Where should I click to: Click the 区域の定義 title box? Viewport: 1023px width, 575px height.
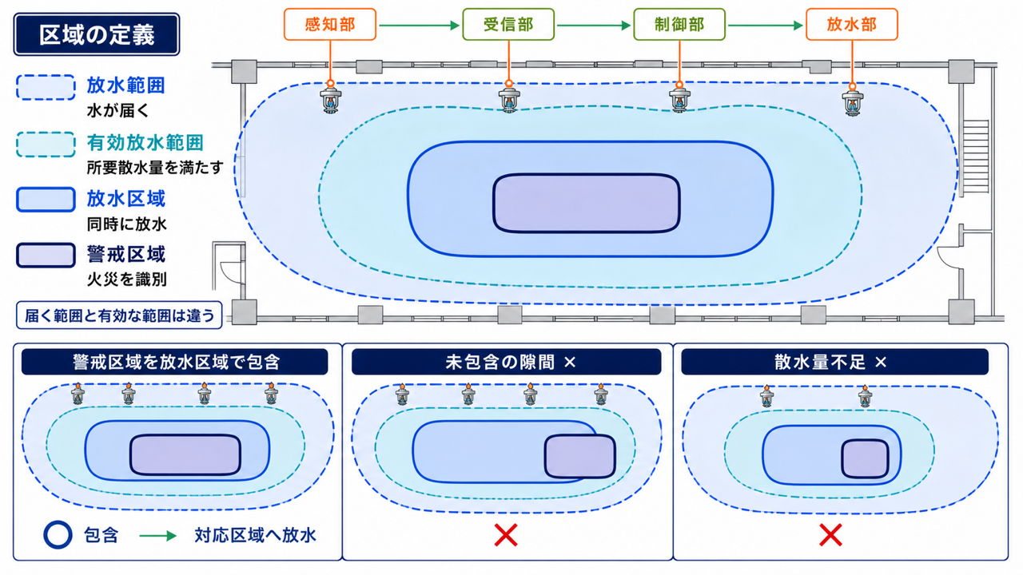(x=97, y=34)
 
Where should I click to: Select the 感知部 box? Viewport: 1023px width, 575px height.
(x=330, y=24)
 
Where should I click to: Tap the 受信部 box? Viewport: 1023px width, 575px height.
(x=508, y=24)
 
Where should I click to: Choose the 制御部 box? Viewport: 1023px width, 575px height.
(x=679, y=24)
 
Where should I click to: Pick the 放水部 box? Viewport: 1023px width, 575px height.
(x=852, y=24)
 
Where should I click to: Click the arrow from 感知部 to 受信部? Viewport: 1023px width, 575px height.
(x=420, y=25)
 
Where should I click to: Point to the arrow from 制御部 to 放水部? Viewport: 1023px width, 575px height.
(x=766, y=25)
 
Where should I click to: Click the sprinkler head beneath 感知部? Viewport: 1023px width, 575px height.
(x=330, y=101)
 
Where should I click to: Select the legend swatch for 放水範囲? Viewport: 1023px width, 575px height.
(x=46, y=87)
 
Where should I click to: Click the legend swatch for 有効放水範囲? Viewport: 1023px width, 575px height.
(x=46, y=145)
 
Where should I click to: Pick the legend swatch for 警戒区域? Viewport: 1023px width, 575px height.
(x=46, y=255)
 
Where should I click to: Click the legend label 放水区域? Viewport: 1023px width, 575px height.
(x=126, y=199)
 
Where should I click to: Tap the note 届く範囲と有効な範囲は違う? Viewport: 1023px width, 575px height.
(x=119, y=315)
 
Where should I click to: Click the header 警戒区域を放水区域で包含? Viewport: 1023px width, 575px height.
(x=175, y=362)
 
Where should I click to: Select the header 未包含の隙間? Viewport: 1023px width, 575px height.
(x=500, y=362)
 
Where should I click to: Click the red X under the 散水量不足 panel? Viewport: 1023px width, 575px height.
(x=830, y=535)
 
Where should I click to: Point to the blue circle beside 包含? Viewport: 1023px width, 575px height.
(x=58, y=534)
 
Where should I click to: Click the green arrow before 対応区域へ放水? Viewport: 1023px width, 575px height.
(x=158, y=535)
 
